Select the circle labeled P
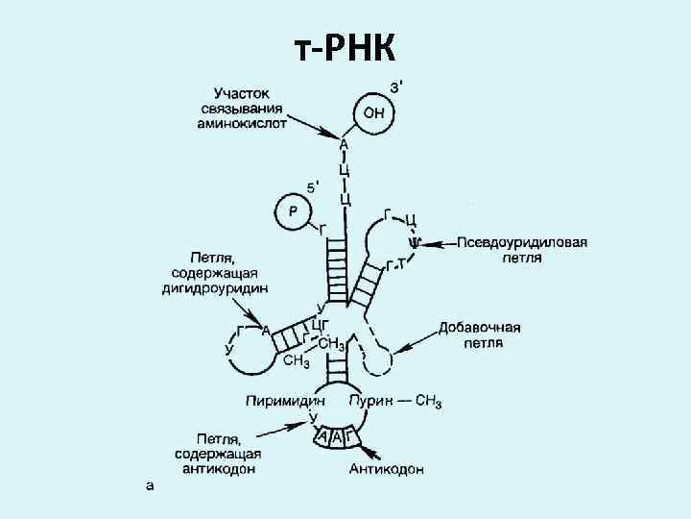[x=294, y=211]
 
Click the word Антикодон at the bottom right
[x=388, y=469]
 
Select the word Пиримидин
[x=284, y=400]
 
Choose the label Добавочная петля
[x=479, y=335]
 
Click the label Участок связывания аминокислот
[x=243, y=109]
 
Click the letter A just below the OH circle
[x=345, y=145]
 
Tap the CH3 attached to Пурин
[x=424, y=401]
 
